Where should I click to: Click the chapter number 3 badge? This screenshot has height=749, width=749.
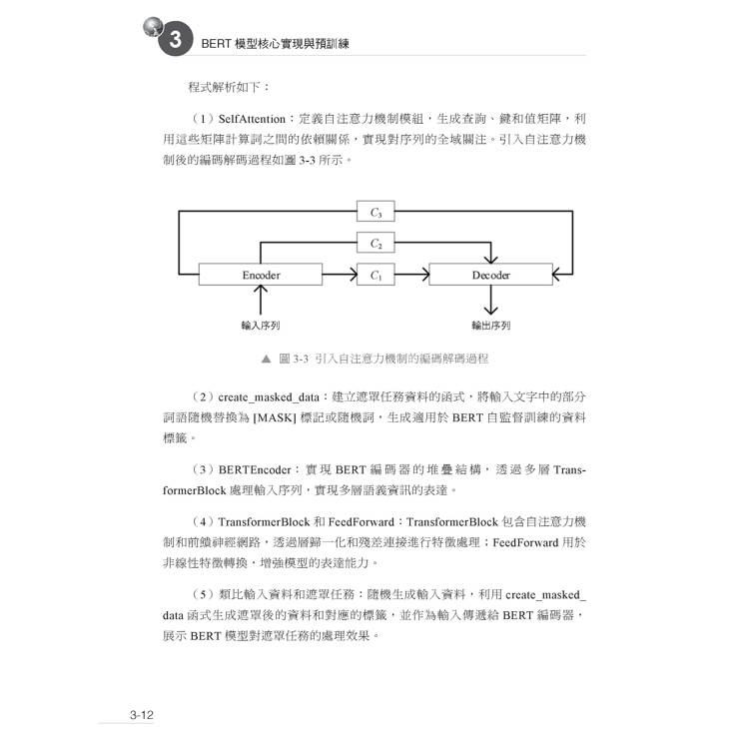tap(174, 41)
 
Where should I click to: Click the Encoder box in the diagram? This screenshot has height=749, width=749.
tap(261, 275)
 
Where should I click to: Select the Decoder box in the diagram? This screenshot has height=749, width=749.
tap(489, 275)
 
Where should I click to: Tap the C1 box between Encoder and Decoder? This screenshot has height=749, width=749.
tap(375, 275)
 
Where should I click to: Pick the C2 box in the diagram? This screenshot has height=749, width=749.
tap(375, 243)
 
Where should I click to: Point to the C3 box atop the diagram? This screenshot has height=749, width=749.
tap(375, 211)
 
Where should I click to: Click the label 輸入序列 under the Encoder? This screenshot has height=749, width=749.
tap(261, 325)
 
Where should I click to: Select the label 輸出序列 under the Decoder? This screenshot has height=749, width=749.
tap(490, 325)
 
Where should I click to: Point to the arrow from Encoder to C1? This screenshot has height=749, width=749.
tap(340, 275)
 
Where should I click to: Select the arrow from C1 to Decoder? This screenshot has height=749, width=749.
tap(411, 275)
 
